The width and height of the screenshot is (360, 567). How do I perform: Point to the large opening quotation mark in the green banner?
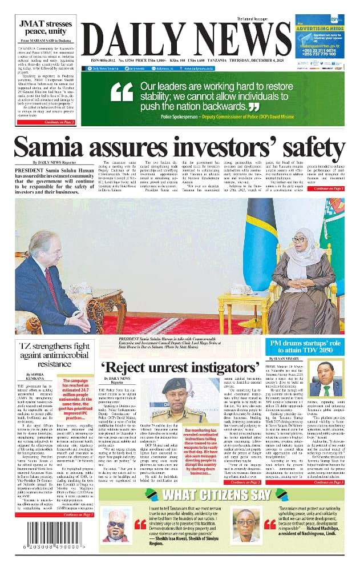click(x=121, y=95)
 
